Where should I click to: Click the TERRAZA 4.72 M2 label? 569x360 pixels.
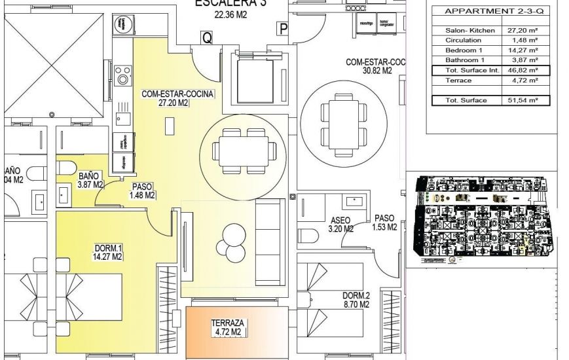pyautogui.click(x=228, y=327)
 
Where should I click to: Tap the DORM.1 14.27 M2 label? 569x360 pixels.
pyautogui.click(x=109, y=252)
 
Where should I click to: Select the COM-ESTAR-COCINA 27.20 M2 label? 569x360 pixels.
pyautogui.click(x=177, y=98)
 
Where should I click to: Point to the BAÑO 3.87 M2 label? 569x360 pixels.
pyautogui.click(x=89, y=180)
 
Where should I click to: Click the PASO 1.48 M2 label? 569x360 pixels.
pyautogui.click(x=142, y=190)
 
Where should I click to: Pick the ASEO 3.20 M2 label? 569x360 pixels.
pyautogui.click(x=340, y=225)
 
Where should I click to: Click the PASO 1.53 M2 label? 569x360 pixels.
pyautogui.click(x=384, y=223)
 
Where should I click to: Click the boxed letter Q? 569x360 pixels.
pyautogui.click(x=206, y=38)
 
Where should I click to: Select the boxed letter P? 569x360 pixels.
pyautogui.click(x=284, y=28)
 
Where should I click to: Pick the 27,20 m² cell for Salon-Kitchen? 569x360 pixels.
pyautogui.click(x=523, y=30)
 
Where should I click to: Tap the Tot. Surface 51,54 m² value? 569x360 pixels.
pyautogui.click(x=523, y=100)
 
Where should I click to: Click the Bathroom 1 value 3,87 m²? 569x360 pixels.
pyautogui.click(x=523, y=60)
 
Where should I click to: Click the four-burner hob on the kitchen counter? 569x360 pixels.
pyautogui.click(x=122, y=75)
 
